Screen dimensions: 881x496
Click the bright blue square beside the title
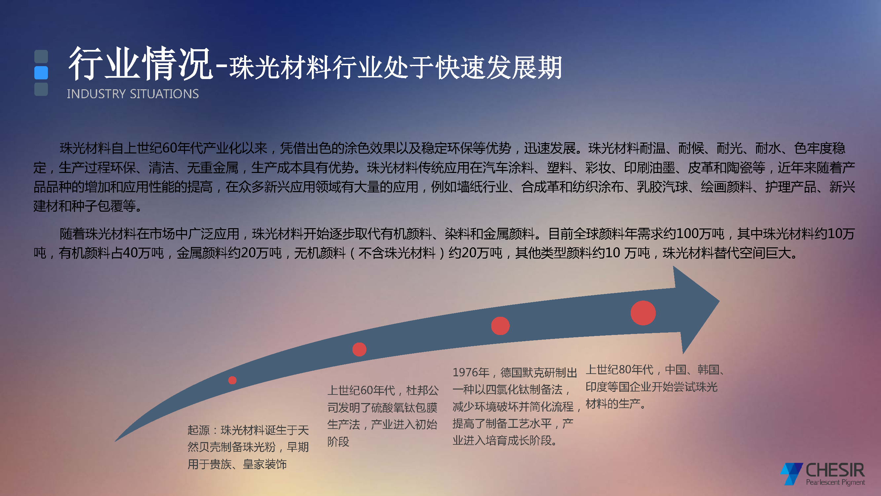[x=41, y=72]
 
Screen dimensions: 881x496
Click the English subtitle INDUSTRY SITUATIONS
[x=133, y=94]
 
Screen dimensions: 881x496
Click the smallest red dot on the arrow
[x=232, y=380]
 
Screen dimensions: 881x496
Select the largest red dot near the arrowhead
[x=643, y=313]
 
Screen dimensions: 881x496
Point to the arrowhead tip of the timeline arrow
[x=719, y=301]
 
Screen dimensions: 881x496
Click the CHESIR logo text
[x=835, y=470]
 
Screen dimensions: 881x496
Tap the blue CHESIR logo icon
[x=792, y=474]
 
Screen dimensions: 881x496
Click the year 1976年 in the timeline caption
[x=471, y=372]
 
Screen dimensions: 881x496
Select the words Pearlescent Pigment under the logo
[x=835, y=482]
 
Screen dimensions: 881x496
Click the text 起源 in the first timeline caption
[x=198, y=430]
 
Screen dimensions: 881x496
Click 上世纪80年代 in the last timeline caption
[x=619, y=370]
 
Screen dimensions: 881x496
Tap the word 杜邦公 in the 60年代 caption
[x=422, y=390]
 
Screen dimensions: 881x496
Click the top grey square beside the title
[x=41, y=57]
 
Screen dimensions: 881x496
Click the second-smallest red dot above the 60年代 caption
[x=359, y=350]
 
